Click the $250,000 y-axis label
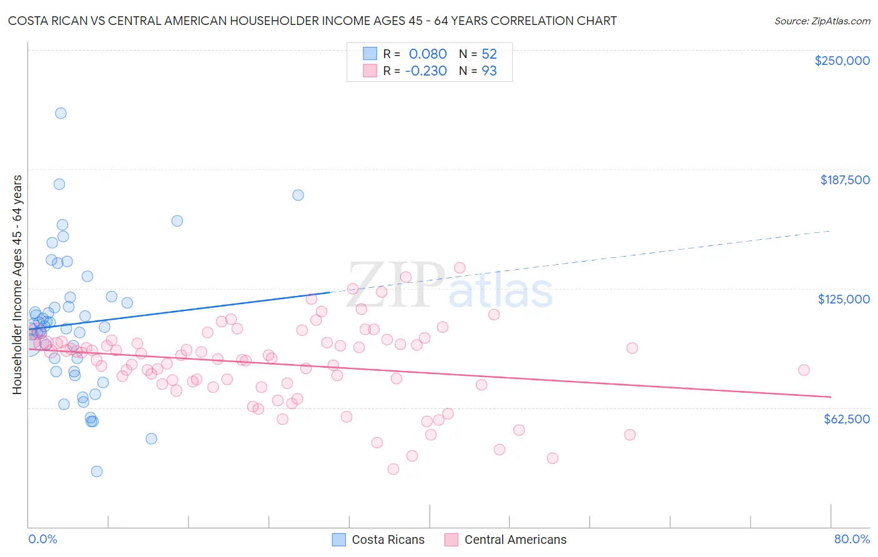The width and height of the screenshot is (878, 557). tap(842, 61)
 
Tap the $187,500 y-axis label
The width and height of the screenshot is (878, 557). tap(844, 180)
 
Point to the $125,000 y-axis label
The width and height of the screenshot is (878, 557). tap(844, 299)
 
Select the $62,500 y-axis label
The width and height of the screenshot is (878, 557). tap(846, 419)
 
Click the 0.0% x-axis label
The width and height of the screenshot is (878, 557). tap(42, 539)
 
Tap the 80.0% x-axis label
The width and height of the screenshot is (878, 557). tap(852, 539)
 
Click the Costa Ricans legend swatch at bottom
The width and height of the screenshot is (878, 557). tap(338, 540)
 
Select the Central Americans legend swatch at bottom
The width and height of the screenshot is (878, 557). tap(451, 540)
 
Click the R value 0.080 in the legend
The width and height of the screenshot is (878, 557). tap(428, 54)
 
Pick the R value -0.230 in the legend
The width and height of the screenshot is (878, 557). tap(426, 71)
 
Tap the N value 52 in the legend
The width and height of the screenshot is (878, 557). tap(489, 54)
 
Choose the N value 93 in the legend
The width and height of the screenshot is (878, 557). tap(489, 71)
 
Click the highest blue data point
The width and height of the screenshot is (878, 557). tap(61, 113)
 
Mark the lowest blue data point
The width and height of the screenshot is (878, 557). tap(96, 471)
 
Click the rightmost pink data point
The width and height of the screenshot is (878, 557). tap(804, 370)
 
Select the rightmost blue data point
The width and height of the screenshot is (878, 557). tap(298, 195)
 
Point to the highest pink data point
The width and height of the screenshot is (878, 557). tap(460, 268)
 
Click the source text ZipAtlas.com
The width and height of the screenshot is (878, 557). tap(822, 21)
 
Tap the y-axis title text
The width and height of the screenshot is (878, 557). tap(17, 285)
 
